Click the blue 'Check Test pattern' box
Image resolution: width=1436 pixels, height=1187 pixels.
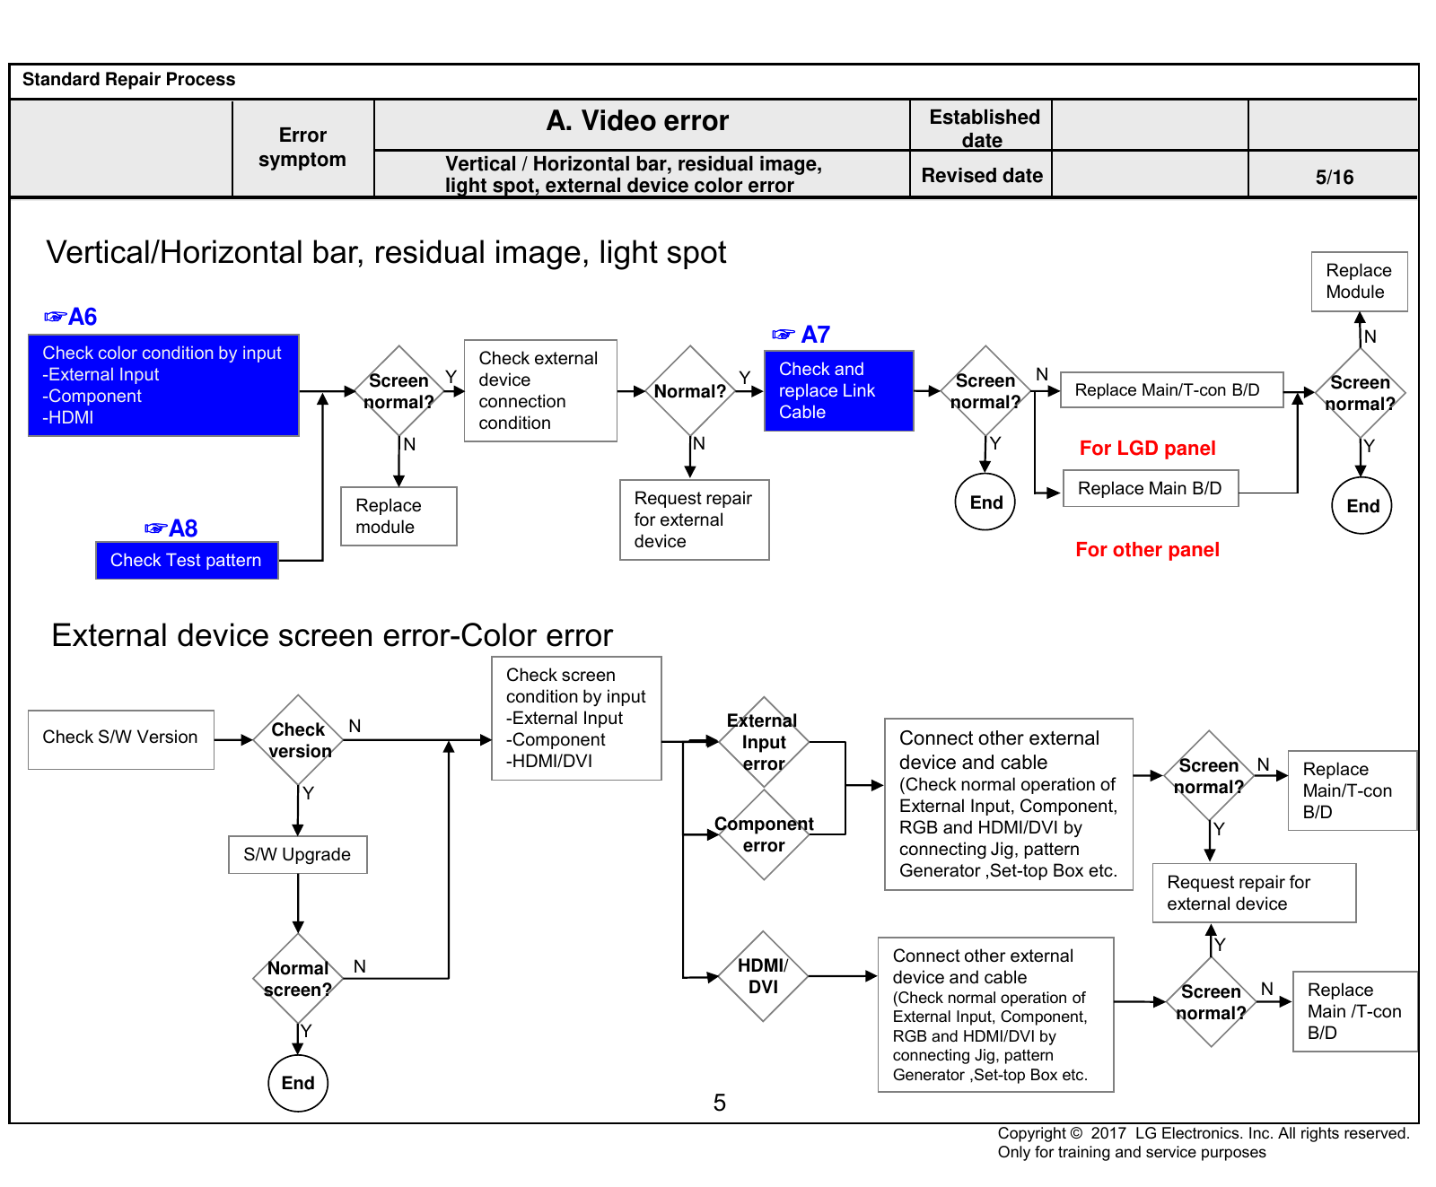[187, 560]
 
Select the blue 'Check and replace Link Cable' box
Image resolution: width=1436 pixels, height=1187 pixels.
[839, 390]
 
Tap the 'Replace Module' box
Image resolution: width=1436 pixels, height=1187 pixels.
[1359, 282]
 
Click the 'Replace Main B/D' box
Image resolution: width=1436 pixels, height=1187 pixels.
[1151, 488]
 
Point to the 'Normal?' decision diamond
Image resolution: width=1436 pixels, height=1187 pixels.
[690, 391]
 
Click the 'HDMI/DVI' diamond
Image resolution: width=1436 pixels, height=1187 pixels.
[763, 976]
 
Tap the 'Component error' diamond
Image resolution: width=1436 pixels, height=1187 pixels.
[764, 834]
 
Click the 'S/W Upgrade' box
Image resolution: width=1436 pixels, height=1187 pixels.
[298, 854]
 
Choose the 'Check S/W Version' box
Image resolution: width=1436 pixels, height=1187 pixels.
[121, 739]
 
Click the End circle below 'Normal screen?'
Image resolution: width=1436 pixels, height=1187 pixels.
[298, 1083]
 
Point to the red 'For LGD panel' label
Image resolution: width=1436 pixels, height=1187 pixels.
[1147, 448]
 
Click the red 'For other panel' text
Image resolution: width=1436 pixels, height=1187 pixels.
[1147, 549]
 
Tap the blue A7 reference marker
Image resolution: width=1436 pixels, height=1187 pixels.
[801, 335]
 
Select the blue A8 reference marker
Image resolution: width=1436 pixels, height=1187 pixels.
[171, 528]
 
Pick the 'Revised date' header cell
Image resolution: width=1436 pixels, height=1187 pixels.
[982, 174]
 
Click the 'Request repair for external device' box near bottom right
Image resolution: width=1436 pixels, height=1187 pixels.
[1254, 893]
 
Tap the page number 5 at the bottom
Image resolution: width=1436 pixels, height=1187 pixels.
[719, 1103]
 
